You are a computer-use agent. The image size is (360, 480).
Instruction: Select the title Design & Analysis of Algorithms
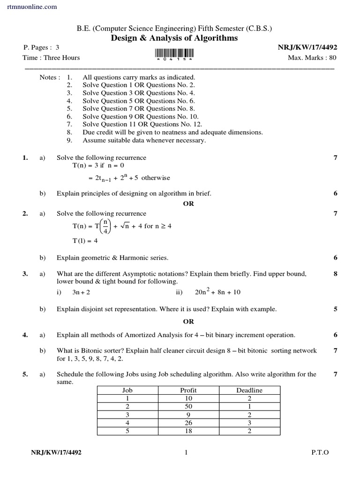pyautogui.click(x=174, y=38)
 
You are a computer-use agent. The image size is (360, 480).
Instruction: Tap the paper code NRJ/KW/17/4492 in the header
pyautogui.click(x=307, y=48)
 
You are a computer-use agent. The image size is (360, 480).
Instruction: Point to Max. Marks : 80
pyautogui.click(x=312, y=58)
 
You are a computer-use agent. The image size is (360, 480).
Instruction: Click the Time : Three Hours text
pyautogui.click(x=51, y=58)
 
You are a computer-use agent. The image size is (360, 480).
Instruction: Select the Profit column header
pyautogui.click(x=188, y=390)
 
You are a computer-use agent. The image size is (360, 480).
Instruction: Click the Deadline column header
pyautogui.click(x=249, y=390)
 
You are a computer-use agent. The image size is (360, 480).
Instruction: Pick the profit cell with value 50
pyautogui.click(x=188, y=406)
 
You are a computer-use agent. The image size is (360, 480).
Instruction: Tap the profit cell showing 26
pyautogui.click(x=188, y=423)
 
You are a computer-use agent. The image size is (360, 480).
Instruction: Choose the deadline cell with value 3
pyautogui.click(x=249, y=423)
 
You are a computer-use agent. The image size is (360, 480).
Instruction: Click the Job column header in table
pyautogui.click(x=127, y=390)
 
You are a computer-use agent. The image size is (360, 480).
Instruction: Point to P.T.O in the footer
pyautogui.click(x=320, y=452)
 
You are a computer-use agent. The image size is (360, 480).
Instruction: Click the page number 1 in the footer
pyautogui.click(x=186, y=452)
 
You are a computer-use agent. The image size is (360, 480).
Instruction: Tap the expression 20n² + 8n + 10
pyautogui.click(x=217, y=292)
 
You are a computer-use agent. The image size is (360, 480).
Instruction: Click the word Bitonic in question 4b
pyautogui.click(x=92, y=351)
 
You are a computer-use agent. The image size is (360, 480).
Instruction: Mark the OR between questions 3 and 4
pyautogui.click(x=188, y=322)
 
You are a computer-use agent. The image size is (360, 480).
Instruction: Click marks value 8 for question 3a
pyautogui.click(x=335, y=274)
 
